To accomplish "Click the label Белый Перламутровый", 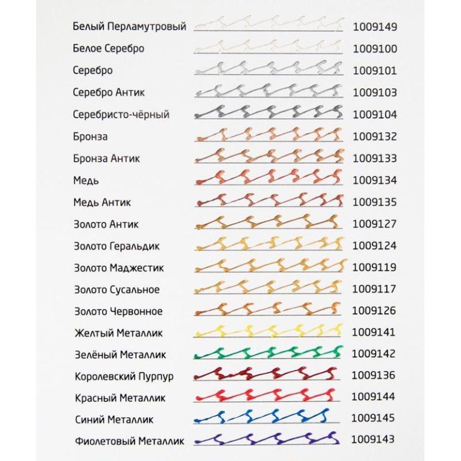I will pyautogui.click(x=130, y=27).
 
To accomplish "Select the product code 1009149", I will pyautogui.click(x=375, y=27).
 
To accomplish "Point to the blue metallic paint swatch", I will pyautogui.click(x=270, y=416).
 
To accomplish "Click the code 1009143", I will pyautogui.click(x=375, y=441).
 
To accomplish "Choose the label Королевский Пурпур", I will pyautogui.click(x=124, y=376).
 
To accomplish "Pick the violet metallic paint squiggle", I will pyautogui.click(x=270, y=439).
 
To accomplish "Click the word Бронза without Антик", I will pyautogui.click(x=90, y=137).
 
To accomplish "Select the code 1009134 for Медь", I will pyautogui.click(x=375, y=180).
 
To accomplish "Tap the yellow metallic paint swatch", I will pyautogui.click(x=270, y=330).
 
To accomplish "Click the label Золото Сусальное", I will pyautogui.click(x=116, y=289).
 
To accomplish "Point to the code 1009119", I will pyautogui.click(x=375, y=267).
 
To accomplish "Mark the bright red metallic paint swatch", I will pyautogui.click(x=270, y=395).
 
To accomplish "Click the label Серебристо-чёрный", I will pyautogui.click(x=121, y=115).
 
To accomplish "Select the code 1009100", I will pyautogui.click(x=375, y=48).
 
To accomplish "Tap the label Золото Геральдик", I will pyautogui.click(x=116, y=246).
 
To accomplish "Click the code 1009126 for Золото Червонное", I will pyautogui.click(x=375, y=311).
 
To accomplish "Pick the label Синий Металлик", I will pyautogui.click(x=114, y=420).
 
